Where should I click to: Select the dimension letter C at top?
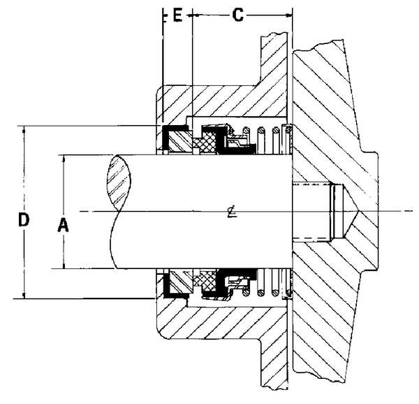238,16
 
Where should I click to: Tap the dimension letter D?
23,220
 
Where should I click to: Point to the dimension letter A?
62,225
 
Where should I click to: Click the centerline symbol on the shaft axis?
230,211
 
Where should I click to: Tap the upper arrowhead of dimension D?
25,130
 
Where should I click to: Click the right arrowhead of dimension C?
287,13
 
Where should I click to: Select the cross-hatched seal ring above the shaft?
207,143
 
